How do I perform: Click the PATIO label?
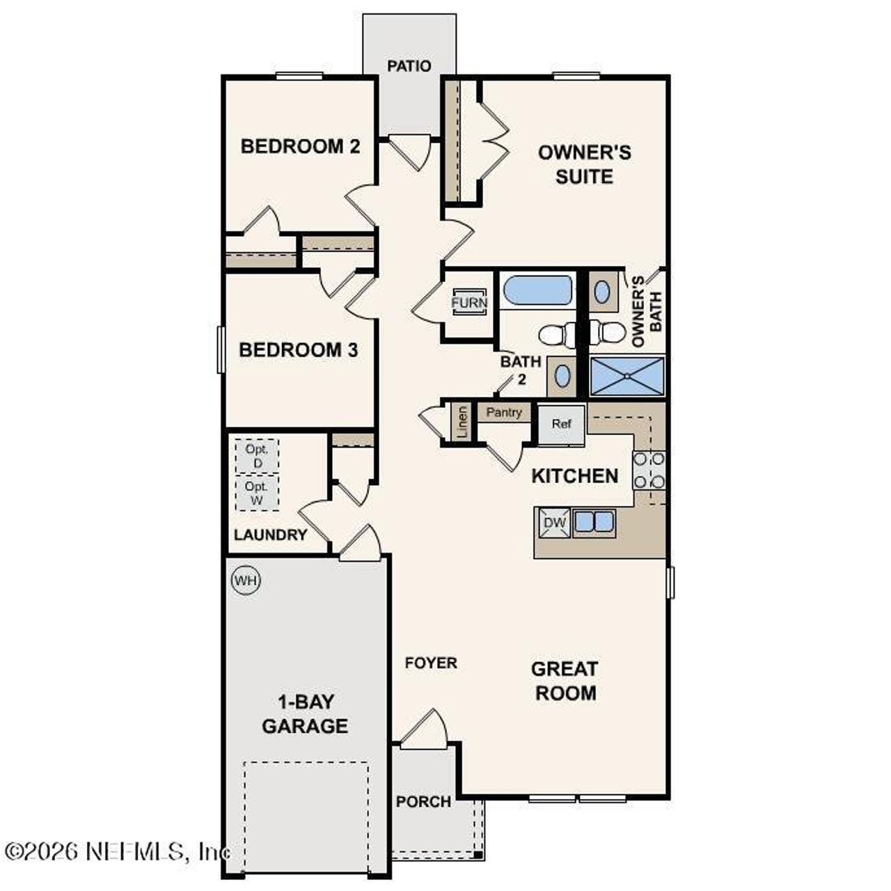(409, 66)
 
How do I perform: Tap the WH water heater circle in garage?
(245, 581)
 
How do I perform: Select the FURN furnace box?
(469, 303)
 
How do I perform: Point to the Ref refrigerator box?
(561, 424)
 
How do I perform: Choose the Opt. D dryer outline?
(256, 456)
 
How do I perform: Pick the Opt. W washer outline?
(256, 493)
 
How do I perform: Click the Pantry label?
(504, 412)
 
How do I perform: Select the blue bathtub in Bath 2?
(537, 290)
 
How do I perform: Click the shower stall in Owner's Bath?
(627, 377)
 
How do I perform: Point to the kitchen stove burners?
(649, 470)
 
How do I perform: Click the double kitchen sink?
(593, 521)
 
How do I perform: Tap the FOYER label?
(431, 663)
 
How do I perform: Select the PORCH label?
(423, 802)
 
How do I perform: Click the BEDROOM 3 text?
(298, 349)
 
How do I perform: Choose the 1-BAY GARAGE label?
(304, 713)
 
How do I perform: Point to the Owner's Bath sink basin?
(602, 291)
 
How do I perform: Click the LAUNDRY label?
(270, 535)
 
